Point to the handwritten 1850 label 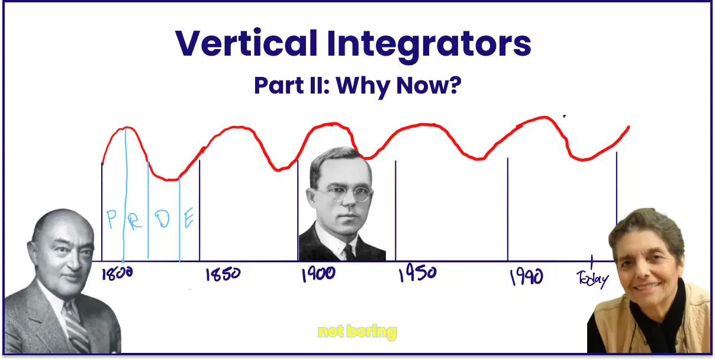pyautogui.click(x=223, y=275)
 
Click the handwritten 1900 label pyautogui.click(x=318, y=274)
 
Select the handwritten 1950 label pyautogui.click(x=417, y=274)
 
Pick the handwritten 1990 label pyautogui.click(x=526, y=276)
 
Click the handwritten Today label pyautogui.click(x=592, y=278)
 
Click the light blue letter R pyautogui.click(x=136, y=220)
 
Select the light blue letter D pyautogui.click(x=163, y=220)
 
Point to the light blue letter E pyautogui.click(x=189, y=220)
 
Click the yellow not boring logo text pyautogui.click(x=357, y=332)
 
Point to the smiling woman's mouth pyautogui.click(x=646, y=286)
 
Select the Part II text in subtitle pyautogui.click(x=291, y=86)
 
